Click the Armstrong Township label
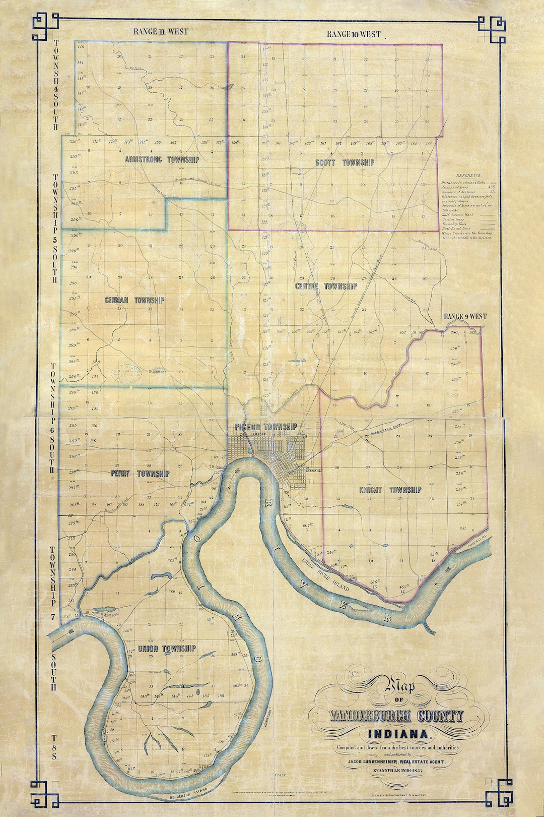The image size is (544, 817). [x=162, y=159]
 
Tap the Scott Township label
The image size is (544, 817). [x=345, y=162]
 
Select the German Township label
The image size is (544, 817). [x=134, y=300]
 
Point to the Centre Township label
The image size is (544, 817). [x=326, y=286]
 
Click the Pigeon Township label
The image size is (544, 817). [x=265, y=427]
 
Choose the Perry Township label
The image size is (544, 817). [x=140, y=474]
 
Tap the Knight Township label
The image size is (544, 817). [x=390, y=490]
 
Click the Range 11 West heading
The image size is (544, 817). [x=161, y=31]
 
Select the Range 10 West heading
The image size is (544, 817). [x=353, y=34]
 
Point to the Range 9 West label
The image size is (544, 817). [x=465, y=316]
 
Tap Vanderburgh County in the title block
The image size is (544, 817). [x=396, y=717]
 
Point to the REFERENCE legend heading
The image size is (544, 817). [x=468, y=175]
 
